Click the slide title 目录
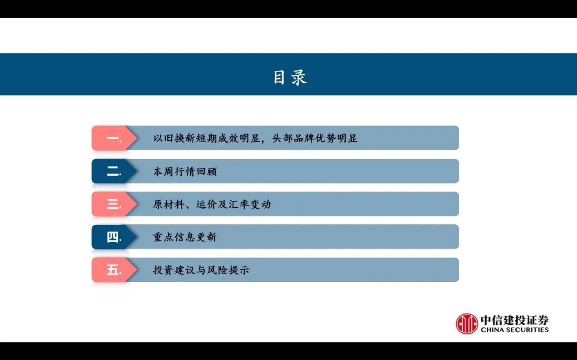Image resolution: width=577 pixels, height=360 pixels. coord(290,77)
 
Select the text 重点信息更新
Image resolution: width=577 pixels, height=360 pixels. coord(185,237)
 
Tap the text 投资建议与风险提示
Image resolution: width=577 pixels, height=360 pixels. coord(201,270)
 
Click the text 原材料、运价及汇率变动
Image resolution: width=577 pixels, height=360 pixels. coord(212,204)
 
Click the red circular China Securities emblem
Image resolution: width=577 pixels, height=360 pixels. coord(466,324)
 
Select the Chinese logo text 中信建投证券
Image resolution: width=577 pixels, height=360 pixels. coord(514,320)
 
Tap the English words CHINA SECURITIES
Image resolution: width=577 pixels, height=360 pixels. coord(514,330)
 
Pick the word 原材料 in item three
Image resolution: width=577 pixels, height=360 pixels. coord(169,204)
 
